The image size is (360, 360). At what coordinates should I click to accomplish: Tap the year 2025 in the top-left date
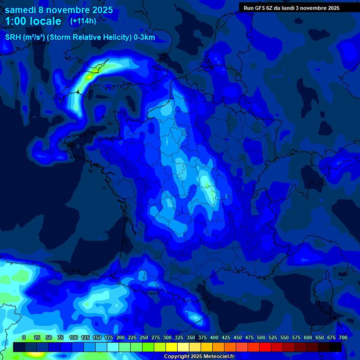99,9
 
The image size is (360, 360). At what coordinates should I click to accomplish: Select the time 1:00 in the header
17,21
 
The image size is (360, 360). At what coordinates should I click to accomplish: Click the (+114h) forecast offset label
83,21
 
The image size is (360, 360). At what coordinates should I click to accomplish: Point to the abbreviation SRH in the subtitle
13,37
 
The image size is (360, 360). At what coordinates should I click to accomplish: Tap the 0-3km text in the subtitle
144,37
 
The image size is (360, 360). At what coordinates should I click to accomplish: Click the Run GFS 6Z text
258,7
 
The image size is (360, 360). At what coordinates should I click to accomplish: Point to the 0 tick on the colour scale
24,337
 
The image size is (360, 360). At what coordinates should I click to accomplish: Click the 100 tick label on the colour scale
73,337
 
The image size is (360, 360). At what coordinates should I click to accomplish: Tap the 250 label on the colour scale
143,337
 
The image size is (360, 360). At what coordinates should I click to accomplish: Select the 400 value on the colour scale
214,337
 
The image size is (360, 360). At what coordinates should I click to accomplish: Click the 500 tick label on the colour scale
261,337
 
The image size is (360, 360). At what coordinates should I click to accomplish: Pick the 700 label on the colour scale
343,337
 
